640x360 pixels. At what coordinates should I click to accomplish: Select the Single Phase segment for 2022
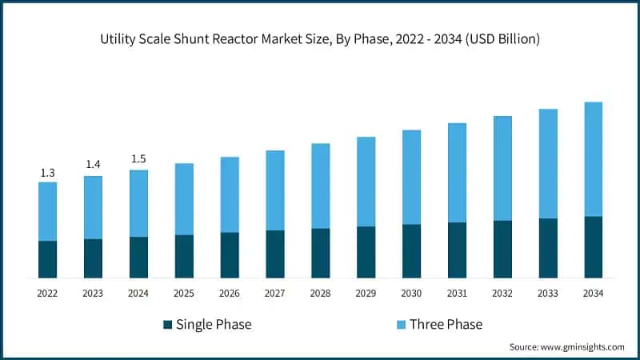click(x=47, y=259)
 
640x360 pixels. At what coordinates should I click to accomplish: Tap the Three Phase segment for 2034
click(x=593, y=159)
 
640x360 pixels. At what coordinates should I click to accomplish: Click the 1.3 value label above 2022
click(x=47, y=173)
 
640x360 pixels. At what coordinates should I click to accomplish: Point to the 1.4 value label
click(x=93, y=165)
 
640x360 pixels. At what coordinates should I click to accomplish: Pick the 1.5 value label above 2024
click(x=138, y=158)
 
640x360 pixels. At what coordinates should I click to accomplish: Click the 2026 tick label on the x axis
click(x=230, y=294)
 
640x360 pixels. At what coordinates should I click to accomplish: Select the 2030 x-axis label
click(x=411, y=294)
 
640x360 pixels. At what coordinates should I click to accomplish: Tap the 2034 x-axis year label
click(x=593, y=294)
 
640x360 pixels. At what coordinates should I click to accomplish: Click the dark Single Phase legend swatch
click(x=167, y=324)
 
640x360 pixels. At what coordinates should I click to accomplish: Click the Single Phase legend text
click(x=214, y=324)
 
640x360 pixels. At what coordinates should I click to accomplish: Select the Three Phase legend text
click(x=446, y=324)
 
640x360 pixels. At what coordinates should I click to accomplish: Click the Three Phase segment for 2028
click(x=320, y=186)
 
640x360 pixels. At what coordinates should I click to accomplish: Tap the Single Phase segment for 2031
click(x=457, y=250)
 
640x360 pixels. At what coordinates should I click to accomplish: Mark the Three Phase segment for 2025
click(x=184, y=199)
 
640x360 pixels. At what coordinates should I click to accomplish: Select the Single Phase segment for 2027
click(x=274, y=254)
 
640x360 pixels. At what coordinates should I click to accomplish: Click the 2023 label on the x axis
click(x=93, y=294)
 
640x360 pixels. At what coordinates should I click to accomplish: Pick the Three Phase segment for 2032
click(x=502, y=168)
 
